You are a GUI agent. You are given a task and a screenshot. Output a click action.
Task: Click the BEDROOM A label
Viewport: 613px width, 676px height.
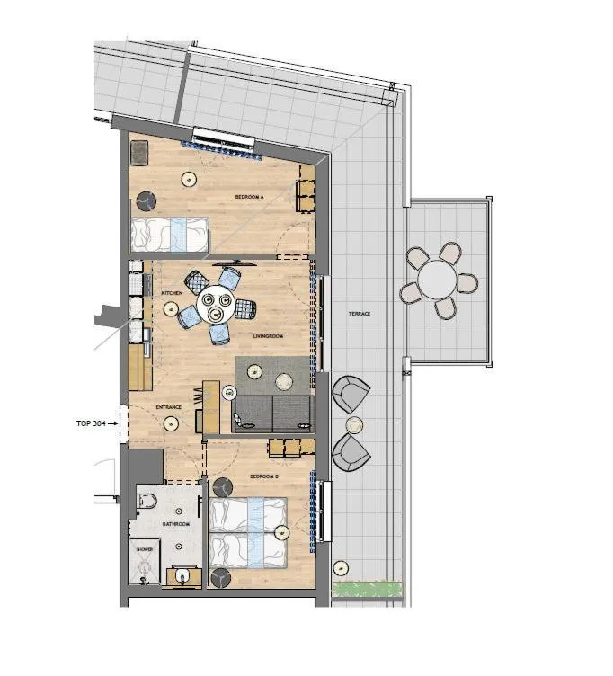pyautogui.click(x=248, y=195)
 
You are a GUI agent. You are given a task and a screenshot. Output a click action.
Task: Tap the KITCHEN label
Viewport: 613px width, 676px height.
pyautogui.click(x=172, y=293)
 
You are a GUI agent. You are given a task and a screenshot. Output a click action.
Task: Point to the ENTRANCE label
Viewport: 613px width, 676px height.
pyautogui.click(x=169, y=407)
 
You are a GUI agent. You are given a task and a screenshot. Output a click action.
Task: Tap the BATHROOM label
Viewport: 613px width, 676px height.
pyautogui.click(x=175, y=524)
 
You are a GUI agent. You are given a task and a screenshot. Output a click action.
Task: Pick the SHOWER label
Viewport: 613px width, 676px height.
pyautogui.click(x=145, y=547)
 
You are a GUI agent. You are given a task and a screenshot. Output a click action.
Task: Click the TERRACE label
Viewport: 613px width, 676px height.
pyautogui.click(x=360, y=313)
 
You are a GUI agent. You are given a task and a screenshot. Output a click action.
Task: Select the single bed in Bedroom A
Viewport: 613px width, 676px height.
pyautogui.click(x=169, y=235)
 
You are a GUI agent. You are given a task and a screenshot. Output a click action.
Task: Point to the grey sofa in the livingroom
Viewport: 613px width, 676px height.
pyautogui.click(x=271, y=412)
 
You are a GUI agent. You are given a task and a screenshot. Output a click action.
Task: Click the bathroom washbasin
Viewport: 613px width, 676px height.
pyautogui.click(x=184, y=574)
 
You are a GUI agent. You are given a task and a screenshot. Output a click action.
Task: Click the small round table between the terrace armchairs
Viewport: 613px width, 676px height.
pyautogui.click(x=355, y=423)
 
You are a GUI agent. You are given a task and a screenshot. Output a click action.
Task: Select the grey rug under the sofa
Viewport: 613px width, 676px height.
pyautogui.click(x=275, y=375)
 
